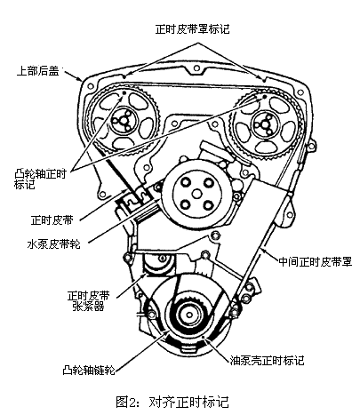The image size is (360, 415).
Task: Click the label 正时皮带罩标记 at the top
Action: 192,29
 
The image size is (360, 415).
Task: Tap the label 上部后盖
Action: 37,71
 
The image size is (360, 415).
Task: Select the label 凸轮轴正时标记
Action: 40,180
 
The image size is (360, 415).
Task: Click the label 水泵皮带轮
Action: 53,244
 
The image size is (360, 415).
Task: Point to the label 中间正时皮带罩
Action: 316,262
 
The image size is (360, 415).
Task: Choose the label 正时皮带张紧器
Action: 88,300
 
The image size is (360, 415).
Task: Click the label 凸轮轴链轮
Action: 89,371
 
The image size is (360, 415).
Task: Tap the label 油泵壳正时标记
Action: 267,360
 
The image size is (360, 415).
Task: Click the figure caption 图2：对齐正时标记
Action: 172,402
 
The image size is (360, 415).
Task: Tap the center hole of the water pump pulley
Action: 196,194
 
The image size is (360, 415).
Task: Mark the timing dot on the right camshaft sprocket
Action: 264,96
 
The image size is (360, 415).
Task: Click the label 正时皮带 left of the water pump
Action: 52,220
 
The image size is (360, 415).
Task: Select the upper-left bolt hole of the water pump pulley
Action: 186,181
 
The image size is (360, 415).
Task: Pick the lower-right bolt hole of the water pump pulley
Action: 208,204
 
